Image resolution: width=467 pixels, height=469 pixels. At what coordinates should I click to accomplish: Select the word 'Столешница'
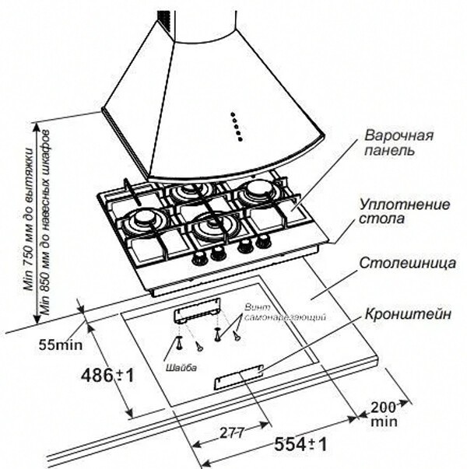pyautogui.click(x=408, y=264)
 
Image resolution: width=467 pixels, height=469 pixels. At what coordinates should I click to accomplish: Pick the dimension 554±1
pyautogui.click(x=298, y=445)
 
